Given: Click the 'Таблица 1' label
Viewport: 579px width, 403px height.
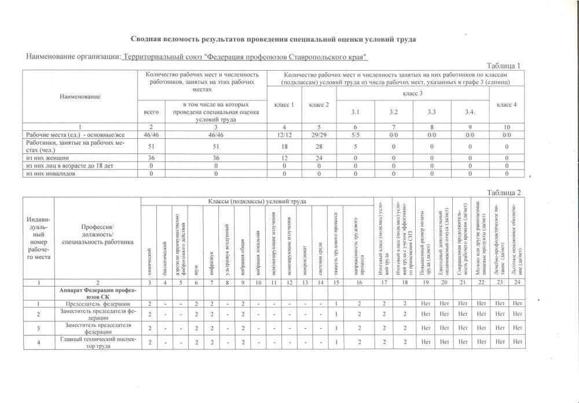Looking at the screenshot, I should pyautogui.click(x=504, y=65).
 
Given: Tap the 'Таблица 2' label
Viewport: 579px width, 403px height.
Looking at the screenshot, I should pyautogui.click(x=504, y=192).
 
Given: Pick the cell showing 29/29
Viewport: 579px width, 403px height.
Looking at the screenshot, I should pyautogui.click(x=319, y=134).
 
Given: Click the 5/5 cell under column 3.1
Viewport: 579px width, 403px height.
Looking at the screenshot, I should pyautogui.click(x=355, y=134).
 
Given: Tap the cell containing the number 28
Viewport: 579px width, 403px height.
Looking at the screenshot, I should pyautogui.click(x=319, y=146).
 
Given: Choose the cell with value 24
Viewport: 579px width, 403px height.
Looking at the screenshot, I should pyautogui.click(x=319, y=157).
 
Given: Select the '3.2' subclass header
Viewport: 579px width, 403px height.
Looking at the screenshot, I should pyautogui.click(x=393, y=112).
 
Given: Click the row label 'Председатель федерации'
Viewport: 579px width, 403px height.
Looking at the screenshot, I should pyautogui.click(x=97, y=303).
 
